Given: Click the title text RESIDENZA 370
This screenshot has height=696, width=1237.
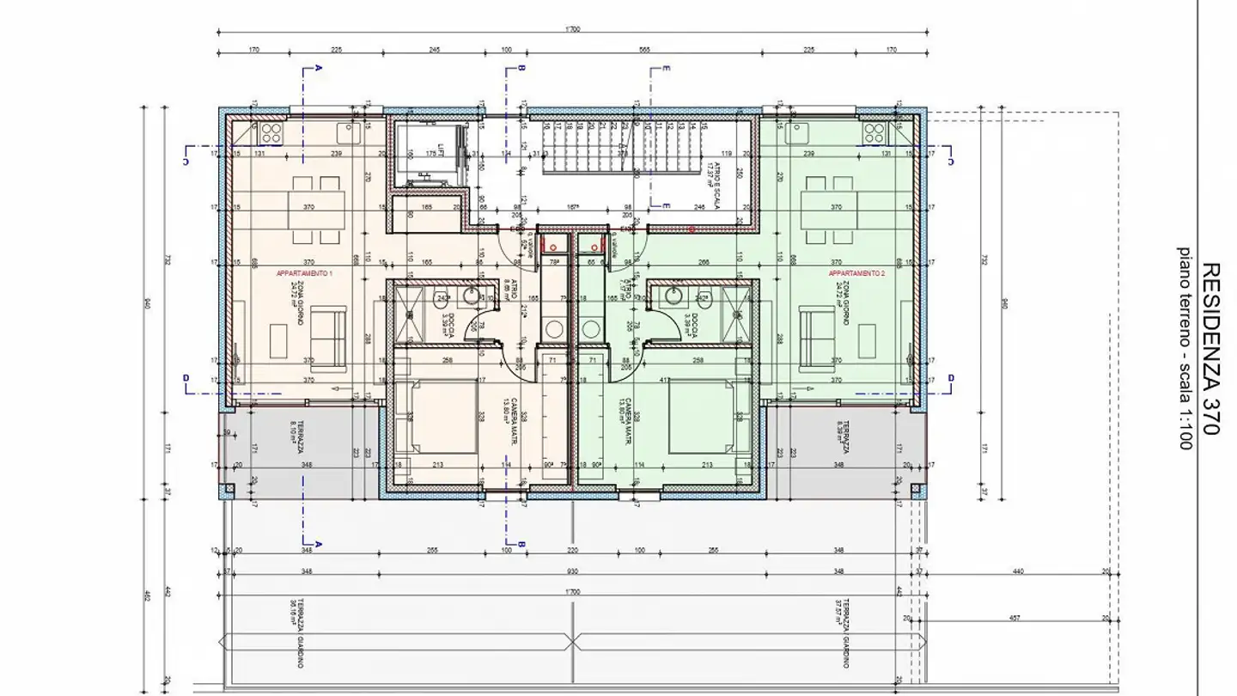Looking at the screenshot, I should [1210, 349].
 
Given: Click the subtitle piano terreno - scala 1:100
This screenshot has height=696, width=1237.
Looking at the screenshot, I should [1185, 349].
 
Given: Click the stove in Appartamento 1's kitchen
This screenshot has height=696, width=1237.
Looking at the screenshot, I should [272, 132].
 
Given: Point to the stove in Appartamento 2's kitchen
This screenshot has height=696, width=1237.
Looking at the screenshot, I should [874, 132].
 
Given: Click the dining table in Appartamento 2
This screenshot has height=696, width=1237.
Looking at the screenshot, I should [829, 206].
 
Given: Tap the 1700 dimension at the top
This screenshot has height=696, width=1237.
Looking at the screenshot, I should [573, 29].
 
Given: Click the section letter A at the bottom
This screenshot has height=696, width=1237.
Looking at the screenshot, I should [318, 544].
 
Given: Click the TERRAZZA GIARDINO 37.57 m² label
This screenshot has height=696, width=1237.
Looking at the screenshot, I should [845, 627].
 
